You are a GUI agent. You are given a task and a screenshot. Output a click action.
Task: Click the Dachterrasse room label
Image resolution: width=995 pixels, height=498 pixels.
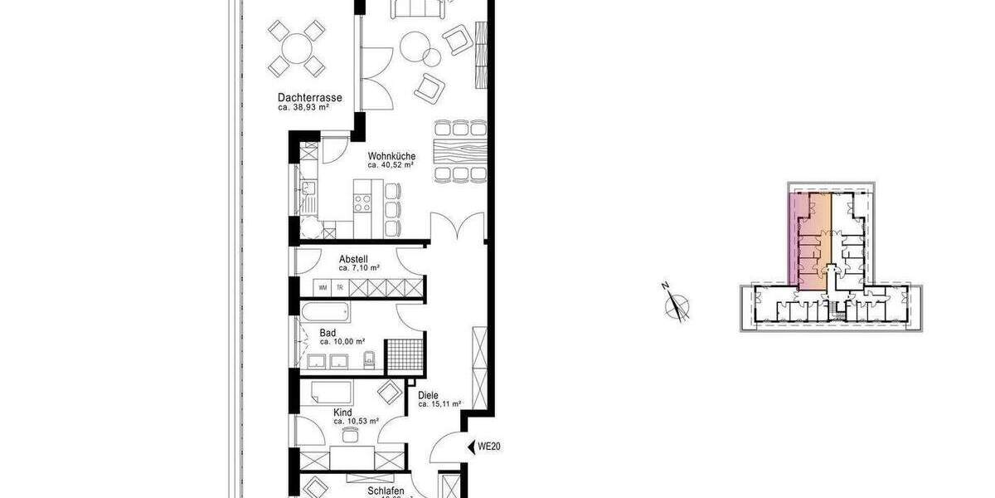309,97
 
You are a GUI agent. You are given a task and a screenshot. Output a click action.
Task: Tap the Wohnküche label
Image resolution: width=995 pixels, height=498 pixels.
392,155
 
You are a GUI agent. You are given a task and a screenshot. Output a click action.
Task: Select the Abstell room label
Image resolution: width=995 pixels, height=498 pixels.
353,259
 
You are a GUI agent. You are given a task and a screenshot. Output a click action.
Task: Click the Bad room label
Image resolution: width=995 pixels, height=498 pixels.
328,333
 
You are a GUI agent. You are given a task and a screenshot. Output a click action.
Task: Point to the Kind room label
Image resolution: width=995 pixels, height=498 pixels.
342,413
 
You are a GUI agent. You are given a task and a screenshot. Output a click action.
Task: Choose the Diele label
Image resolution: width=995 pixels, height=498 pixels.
428,396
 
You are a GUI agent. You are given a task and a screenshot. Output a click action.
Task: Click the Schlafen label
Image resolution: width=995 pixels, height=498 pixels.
386,491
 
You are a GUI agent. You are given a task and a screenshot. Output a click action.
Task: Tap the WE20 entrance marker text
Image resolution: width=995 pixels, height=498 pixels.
490,447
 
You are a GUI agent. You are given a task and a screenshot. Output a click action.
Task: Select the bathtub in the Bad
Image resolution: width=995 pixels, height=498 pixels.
324,314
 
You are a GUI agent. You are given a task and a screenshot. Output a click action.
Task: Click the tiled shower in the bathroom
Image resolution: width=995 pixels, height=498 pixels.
405,354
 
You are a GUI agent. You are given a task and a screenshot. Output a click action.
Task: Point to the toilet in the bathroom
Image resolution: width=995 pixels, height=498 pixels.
371,359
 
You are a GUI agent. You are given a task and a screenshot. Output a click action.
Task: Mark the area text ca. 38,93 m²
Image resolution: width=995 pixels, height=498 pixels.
309,107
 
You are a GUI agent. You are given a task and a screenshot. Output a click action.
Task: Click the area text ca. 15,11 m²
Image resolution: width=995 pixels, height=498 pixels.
439,405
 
